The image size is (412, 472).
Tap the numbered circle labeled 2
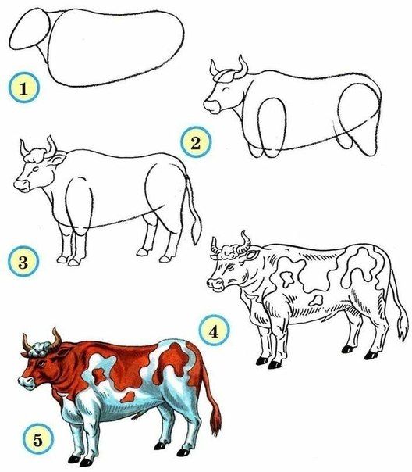192,142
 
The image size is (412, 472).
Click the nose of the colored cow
23,382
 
